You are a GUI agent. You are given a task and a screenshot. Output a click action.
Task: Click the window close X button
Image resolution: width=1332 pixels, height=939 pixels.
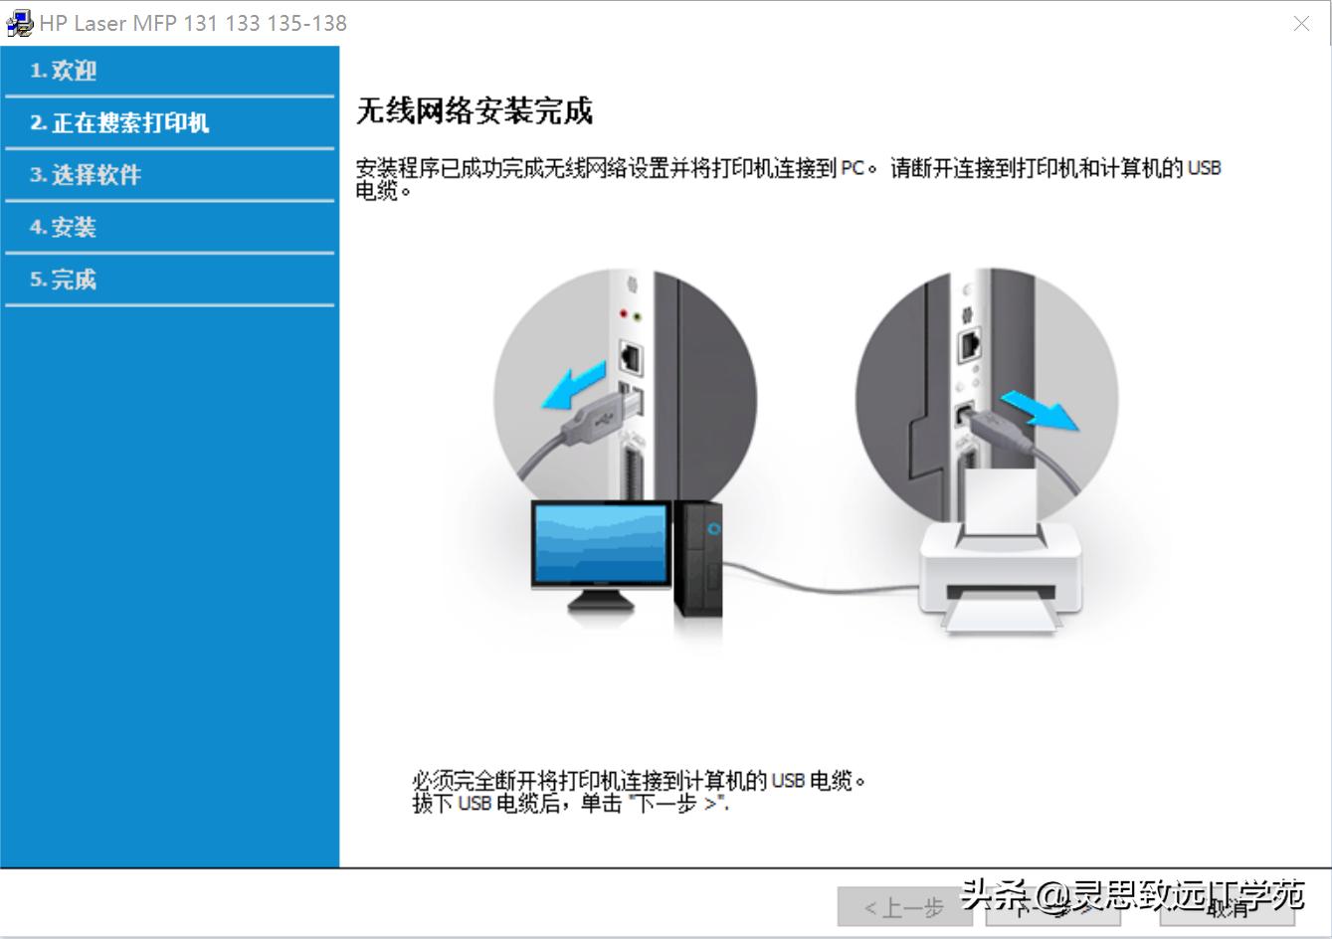point(1301,23)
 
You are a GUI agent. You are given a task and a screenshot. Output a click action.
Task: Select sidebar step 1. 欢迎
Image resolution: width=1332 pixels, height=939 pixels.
point(64,71)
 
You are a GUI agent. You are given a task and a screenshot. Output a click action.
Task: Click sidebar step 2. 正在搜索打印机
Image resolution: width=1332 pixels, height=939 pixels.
point(119,123)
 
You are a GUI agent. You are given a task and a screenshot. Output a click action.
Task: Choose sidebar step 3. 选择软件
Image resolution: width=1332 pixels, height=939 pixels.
point(86,175)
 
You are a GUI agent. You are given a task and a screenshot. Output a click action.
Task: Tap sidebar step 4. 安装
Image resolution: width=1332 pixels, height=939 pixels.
point(64,228)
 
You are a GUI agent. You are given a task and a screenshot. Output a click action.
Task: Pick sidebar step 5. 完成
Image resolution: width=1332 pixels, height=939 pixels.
point(64,281)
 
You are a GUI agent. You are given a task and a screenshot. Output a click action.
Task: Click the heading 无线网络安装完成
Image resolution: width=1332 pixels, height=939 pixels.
point(474,110)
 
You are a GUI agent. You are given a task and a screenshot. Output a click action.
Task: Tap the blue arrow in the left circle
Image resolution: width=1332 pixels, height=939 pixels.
point(574,386)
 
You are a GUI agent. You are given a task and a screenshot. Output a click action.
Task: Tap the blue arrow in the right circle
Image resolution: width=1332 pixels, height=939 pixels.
point(1039,410)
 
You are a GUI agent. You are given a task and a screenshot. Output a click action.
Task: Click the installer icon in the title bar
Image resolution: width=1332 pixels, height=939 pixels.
point(19,23)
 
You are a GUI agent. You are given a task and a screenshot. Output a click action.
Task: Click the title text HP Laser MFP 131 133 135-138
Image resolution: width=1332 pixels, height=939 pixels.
point(194,23)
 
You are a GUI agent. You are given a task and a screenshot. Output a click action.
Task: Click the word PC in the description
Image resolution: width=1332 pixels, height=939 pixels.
point(853,168)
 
